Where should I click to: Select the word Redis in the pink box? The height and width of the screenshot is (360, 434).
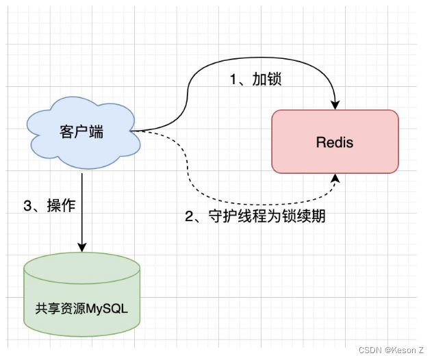point(335,142)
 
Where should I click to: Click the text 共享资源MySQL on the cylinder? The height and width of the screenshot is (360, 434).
point(81,308)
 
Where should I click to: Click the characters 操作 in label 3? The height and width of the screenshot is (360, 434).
point(59,205)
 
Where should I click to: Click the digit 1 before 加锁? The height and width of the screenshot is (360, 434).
point(233,79)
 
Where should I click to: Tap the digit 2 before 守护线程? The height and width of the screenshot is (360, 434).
point(189,217)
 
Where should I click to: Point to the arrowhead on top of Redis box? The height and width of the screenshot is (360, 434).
point(335,104)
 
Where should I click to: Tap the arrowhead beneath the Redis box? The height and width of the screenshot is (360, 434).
point(335,179)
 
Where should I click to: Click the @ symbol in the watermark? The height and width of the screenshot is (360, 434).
point(387,350)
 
